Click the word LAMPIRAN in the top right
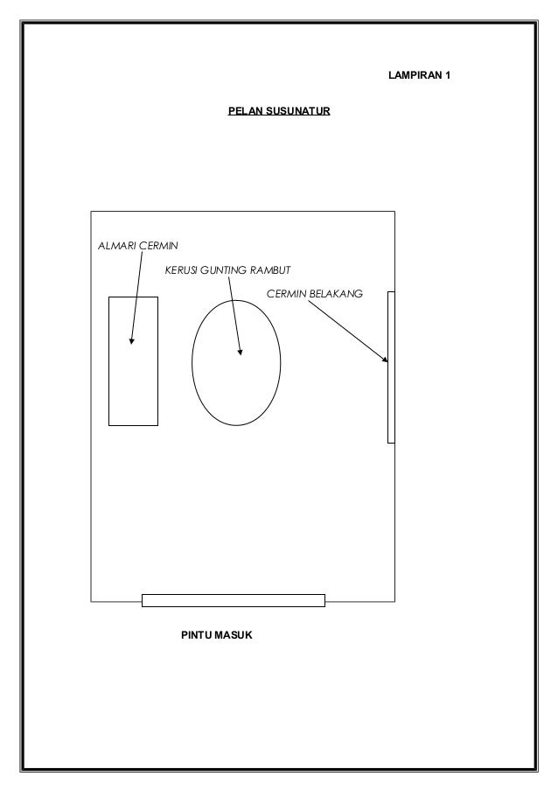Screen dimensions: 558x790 pyautogui.click(x=414, y=77)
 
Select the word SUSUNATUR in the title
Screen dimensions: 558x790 pyautogui.click(x=296, y=113)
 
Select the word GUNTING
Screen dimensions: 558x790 pyautogui.click(x=223, y=269)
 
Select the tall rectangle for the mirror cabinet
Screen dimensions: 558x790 pyautogui.click(x=133, y=385)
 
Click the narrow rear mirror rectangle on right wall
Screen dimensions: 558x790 pyautogui.click(x=391, y=402)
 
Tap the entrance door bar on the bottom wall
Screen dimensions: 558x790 pyautogui.click(x=233, y=599)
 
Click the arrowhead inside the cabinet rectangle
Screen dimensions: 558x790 pyautogui.click(x=131, y=340)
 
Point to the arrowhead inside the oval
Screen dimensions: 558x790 pyautogui.click(x=240, y=352)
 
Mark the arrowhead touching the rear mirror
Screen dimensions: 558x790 pyautogui.click(x=384, y=358)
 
